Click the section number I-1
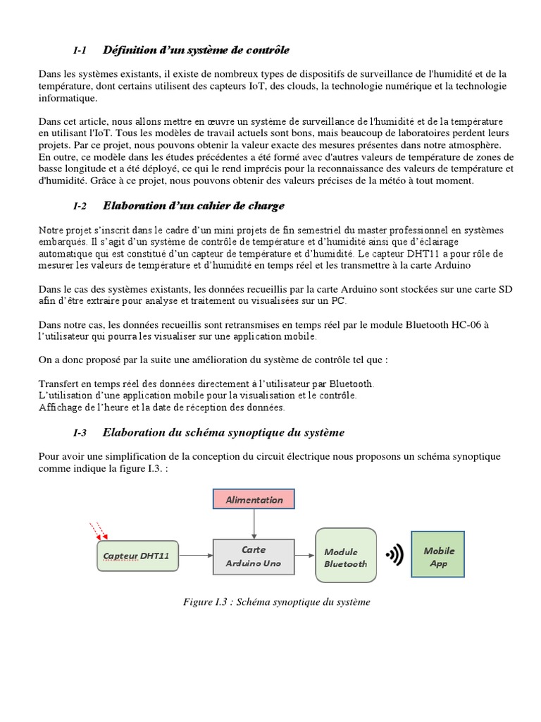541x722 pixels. tap(79, 51)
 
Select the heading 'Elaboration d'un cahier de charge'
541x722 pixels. tap(194, 206)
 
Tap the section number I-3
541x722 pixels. tap(79, 432)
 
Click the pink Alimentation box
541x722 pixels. tap(254, 499)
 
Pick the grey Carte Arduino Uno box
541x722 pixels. tap(254, 556)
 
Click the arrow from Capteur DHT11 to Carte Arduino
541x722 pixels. tap(195, 556)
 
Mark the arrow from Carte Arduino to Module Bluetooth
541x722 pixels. tap(305, 556)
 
